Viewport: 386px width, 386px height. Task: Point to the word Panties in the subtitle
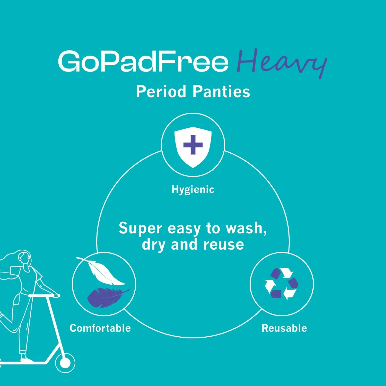pyautogui.click(x=221, y=92)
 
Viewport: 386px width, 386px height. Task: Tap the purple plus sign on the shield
pyautogui.click(x=193, y=145)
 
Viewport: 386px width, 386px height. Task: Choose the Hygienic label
pyautogui.click(x=193, y=189)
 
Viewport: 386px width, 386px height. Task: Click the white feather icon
pyautogui.click(x=102, y=271)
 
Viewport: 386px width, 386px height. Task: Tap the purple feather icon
pyautogui.click(x=107, y=297)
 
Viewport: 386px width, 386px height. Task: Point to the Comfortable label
pyautogui.click(x=100, y=328)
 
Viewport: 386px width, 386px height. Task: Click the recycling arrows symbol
pyautogui.click(x=282, y=284)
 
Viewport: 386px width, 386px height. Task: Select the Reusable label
pyautogui.click(x=284, y=328)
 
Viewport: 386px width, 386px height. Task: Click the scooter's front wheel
pyautogui.click(x=65, y=363)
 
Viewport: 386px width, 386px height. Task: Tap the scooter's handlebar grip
pyautogui.click(x=55, y=296)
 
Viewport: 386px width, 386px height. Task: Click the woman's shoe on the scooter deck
pyautogui.click(x=26, y=359)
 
